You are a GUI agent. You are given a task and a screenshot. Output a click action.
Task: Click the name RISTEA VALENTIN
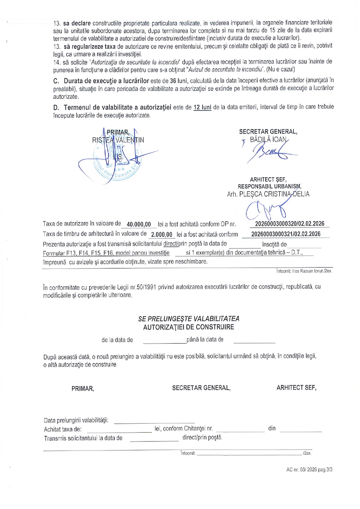coord(118,140)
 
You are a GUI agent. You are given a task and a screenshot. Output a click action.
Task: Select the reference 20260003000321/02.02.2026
coord(286,234)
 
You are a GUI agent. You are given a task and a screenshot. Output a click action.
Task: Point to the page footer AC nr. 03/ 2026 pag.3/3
coord(309,470)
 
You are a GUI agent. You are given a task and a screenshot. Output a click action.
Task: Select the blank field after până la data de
coord(254,340)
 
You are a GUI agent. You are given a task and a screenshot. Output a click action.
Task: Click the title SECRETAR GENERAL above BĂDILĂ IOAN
coord(268,131)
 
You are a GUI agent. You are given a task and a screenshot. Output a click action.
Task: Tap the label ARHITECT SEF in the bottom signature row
coord(296,388)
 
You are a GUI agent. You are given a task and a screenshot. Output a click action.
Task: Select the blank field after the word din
coord(301,429)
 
